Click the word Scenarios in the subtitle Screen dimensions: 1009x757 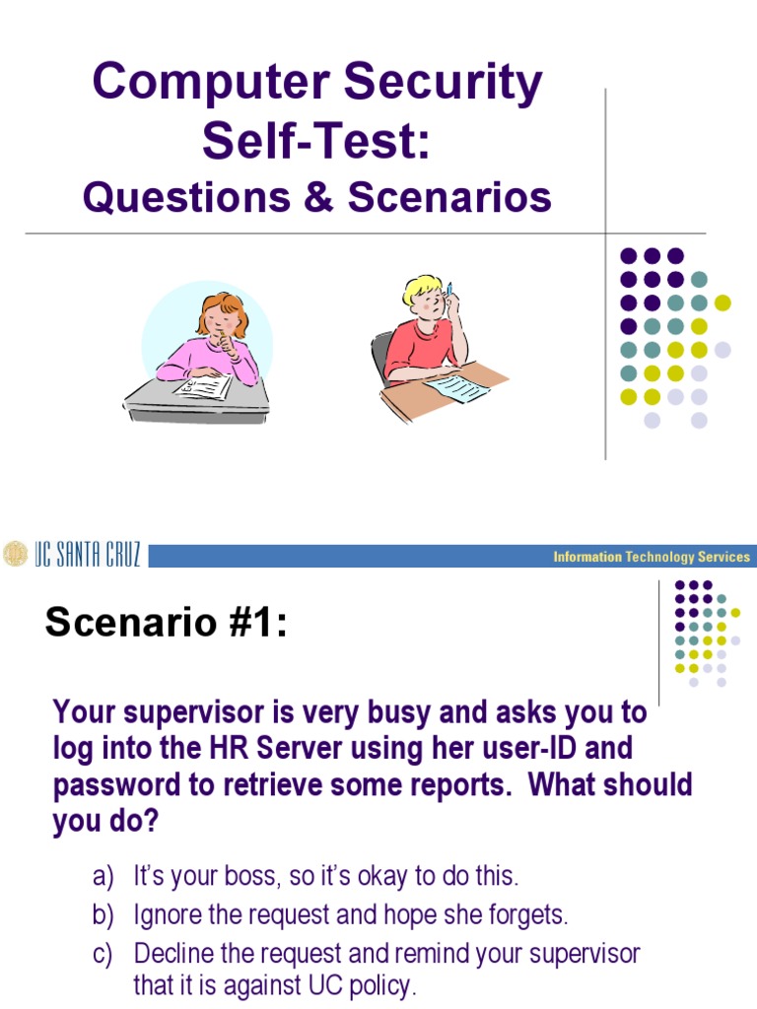(448, 197)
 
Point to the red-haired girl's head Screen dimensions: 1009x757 (222, 315)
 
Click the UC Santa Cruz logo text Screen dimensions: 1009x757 (89, 555)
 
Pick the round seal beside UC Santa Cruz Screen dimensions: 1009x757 (15, 555)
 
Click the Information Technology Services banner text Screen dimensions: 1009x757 (652, 557)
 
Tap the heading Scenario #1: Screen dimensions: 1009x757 (167, 623)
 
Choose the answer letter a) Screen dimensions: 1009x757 (103, 875)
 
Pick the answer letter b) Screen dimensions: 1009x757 (103, 914)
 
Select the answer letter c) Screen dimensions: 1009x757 (103, 954)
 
